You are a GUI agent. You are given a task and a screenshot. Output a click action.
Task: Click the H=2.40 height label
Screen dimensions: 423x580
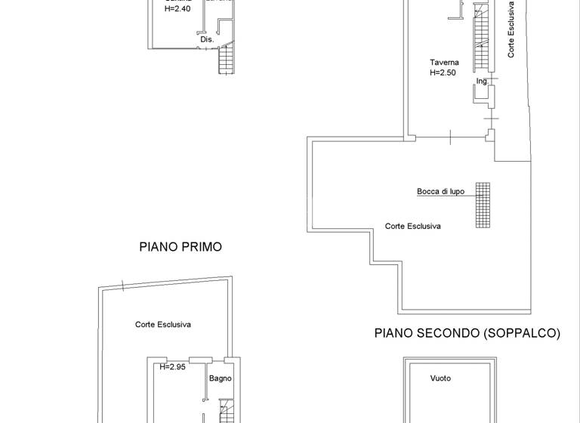coord(177,10)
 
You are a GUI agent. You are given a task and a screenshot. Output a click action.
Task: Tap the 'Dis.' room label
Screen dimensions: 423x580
coord(207,39)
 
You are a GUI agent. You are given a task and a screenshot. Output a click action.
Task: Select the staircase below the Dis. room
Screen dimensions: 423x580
coord(227,60)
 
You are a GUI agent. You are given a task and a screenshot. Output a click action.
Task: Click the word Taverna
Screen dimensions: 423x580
coord(444,63)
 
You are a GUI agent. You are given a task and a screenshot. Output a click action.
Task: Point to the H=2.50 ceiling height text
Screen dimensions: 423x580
coord(443,73)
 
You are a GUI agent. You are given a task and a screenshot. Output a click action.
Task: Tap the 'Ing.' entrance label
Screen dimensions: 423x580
coord(483,81)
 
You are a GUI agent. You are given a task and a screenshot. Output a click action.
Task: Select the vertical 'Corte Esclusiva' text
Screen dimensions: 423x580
coord(511,30)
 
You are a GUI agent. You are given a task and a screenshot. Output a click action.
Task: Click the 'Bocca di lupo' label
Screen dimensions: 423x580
coord(440,192)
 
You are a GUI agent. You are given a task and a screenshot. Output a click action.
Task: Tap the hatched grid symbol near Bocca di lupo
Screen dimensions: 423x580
coord(483,205)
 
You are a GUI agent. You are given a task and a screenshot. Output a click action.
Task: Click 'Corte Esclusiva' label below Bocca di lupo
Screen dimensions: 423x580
coord(412,226)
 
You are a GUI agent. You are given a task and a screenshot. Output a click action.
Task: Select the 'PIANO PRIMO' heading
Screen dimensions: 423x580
coord(180,247)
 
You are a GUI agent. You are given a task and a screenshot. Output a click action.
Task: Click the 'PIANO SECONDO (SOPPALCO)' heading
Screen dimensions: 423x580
coord(467,333)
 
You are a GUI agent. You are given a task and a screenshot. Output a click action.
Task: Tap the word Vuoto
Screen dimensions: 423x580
coord(440,378)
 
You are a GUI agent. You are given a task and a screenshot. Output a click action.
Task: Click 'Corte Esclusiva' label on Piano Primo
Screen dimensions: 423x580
coord(162,324)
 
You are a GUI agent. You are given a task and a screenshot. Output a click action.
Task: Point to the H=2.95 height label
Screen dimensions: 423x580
coord(172,367)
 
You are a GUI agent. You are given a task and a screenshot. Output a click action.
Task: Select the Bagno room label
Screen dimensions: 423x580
coord(221,378)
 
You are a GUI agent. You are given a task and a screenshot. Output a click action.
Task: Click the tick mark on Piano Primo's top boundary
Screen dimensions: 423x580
coord(122,286)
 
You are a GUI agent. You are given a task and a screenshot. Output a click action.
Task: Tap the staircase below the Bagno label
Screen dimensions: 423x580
coord(227,412)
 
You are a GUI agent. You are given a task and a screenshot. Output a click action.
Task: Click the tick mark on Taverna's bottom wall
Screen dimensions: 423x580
coord(450,137)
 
